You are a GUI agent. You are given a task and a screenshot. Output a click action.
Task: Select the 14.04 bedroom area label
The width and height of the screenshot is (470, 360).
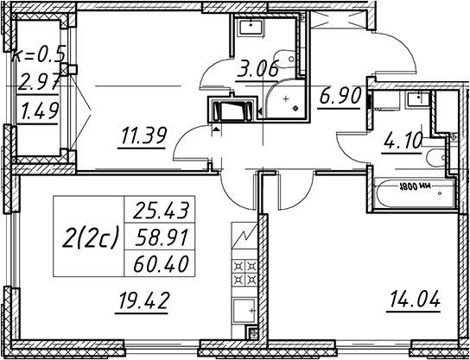click(415, 300)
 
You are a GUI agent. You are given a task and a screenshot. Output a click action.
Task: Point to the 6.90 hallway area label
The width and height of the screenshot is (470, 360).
click(340, 97)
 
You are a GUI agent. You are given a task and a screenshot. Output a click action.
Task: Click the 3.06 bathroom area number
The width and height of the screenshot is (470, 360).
click(257, 71)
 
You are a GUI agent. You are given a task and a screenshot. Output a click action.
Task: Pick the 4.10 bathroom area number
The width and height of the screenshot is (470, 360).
click(402, 142)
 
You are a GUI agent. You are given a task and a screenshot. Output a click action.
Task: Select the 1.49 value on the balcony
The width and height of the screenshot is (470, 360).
click(38, 111)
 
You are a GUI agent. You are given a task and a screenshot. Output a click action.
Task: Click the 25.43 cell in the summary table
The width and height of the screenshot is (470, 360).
click(160, 210)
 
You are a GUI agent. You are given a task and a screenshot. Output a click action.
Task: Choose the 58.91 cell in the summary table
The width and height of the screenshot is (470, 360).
click(160, 237)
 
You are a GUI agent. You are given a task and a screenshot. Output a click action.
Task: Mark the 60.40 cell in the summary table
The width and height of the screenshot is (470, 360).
click(160, 263)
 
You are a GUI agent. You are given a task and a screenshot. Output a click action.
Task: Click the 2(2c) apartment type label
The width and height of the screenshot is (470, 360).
click(90, 237)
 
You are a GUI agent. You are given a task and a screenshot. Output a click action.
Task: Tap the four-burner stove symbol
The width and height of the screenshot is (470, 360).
click(245, 273)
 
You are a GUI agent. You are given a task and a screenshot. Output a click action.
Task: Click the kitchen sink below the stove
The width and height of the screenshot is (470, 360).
click(245, 311)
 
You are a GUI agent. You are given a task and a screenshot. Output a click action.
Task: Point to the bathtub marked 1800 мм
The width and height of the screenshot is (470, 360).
click(414, 193)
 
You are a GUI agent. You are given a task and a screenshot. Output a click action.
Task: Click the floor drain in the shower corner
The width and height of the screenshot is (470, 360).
click(295, 108)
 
